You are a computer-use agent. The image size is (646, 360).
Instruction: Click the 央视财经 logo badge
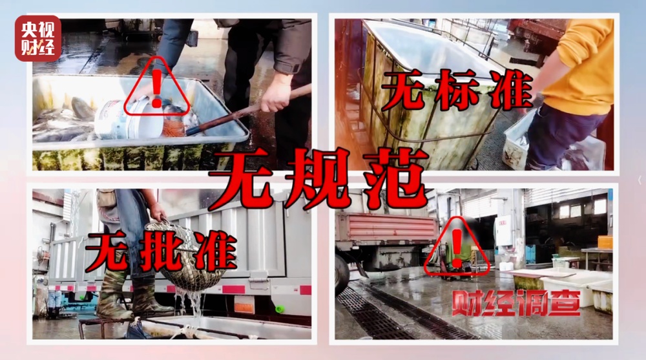tap(38, 38)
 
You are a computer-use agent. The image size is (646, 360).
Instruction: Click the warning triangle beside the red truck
tap(457, 249)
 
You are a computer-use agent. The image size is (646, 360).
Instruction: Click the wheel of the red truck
tap(342, 271)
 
